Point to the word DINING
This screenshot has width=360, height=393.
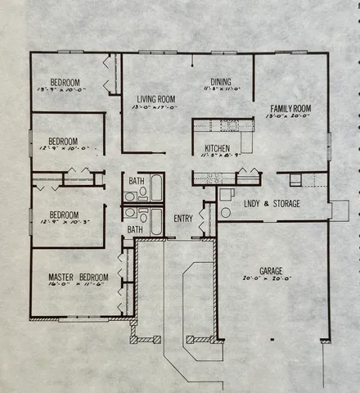(219, 82)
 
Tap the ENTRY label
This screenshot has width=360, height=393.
(183, 219)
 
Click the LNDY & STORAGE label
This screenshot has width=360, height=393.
(272, 203)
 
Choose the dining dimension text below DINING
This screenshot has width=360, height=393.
(219, 90)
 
